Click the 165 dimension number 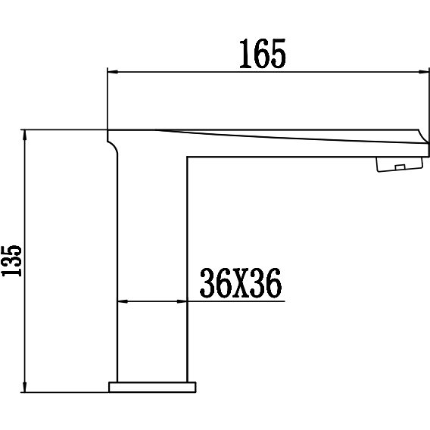(263, 54)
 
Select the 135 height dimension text (11, 260)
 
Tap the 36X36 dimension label (241, 283)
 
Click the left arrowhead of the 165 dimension (113, 72)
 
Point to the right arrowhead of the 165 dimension (423, 72)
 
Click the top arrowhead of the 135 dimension (25, 136)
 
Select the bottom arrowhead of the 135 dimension (25, 387)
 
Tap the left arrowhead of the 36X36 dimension (123, 301)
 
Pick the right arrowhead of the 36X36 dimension (182, 301)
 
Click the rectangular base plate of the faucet (152, 387)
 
